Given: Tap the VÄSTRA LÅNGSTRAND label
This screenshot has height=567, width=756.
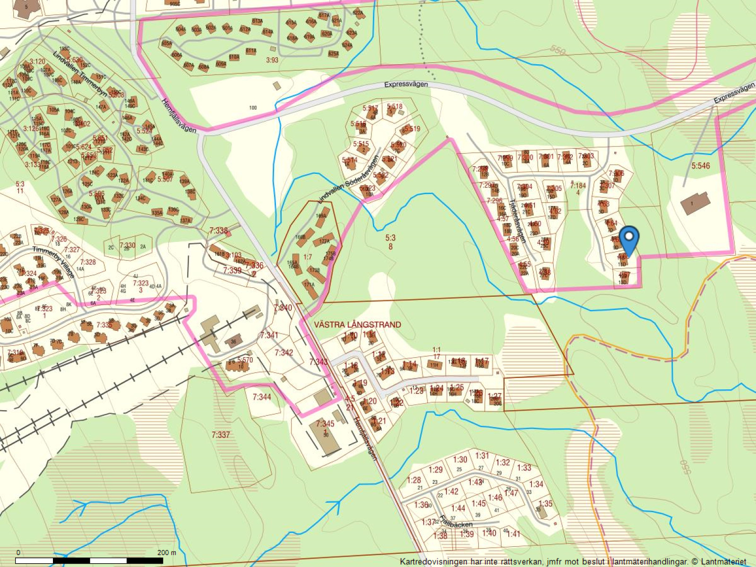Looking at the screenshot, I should [357, 325].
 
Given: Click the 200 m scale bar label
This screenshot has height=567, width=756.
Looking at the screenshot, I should [166, 552].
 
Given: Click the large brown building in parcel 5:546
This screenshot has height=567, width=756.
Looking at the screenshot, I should [695, 204].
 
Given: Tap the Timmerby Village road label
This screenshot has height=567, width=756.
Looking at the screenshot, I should [53, 263].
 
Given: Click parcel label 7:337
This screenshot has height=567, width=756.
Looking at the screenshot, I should [221, 435].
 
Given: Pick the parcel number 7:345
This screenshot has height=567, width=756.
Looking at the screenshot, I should [325, 423].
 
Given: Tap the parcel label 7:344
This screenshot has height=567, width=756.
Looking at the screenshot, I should [262, 397].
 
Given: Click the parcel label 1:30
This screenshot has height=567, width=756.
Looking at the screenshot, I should [460, 459].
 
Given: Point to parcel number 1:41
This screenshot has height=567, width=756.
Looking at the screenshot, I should [513, 534].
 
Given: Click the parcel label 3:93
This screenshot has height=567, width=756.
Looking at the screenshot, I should [272, 60].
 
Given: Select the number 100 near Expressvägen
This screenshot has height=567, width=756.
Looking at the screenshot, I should [253, 108].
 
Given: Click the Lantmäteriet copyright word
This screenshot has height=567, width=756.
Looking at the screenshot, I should [722, 561].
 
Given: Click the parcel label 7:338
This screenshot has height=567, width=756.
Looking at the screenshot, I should [218, 231].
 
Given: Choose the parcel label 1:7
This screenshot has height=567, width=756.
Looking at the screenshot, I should [308, 257].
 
